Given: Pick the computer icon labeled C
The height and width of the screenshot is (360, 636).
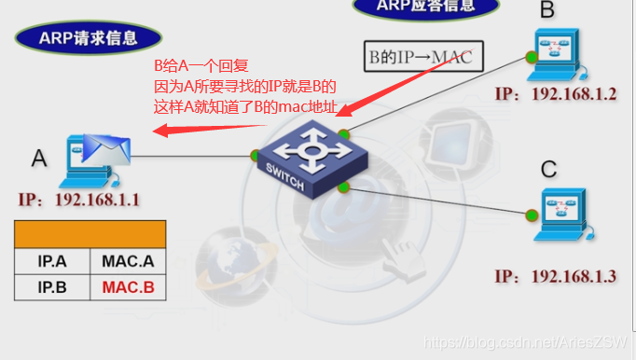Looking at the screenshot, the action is click(x=565, y=212).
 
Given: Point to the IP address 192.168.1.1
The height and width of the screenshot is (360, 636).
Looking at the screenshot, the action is click(x=78, y=200).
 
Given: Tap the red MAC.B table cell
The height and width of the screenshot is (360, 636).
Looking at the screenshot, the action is click(x=128, y=287).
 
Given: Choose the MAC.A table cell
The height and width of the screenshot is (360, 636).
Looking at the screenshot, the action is click(x=128, y=260).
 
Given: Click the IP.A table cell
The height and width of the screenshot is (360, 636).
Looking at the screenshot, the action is click(x=52, y=260).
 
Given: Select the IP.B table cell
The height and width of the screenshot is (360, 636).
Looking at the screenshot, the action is click(x=52, y=287).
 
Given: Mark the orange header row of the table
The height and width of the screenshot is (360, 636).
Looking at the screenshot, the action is click(x=90, y=233).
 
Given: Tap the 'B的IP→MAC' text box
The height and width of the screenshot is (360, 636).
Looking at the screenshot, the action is click(x=420, y=57).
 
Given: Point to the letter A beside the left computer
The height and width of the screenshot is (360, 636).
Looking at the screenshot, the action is click(x=38, y=158).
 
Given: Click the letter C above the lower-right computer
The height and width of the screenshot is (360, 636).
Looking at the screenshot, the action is click(x=548, y=169).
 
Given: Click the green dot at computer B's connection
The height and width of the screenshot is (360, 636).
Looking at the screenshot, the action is click(x=531, y=58).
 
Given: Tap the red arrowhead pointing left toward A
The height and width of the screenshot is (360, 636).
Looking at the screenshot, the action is click(x=160, y=132).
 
